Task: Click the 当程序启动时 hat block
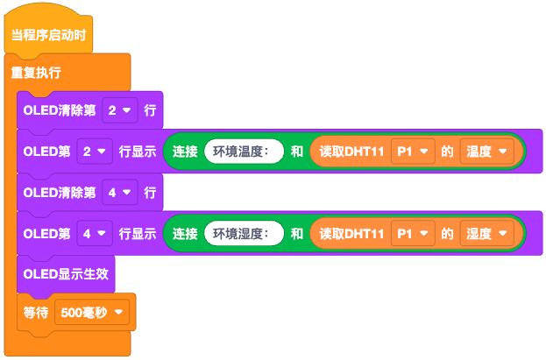point(48,36)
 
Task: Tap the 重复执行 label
point(36,72)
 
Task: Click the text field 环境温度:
point(244,152)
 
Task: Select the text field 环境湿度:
point(244,234)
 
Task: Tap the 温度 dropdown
point(486,152)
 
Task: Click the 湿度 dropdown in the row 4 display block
point(486,234)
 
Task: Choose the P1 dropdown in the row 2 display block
point(413,152)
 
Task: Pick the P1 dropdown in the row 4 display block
point(413,234)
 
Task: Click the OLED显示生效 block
point(66,273)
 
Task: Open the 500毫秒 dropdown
point(91,311)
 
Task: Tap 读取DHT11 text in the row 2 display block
point(351,152)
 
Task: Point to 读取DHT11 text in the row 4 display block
point(351,234)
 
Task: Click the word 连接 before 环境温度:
point(185,152)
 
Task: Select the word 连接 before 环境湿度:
point(185,234)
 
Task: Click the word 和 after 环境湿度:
point(297,234)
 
